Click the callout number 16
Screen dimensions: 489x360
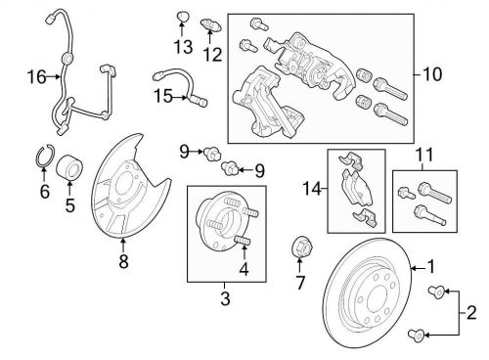pos(36,77)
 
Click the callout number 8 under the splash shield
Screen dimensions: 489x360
pos(123,261)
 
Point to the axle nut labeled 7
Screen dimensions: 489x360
pos(301,247)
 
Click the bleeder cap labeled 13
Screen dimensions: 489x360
pos(183,16)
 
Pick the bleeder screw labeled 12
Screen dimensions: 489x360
pos(210,25)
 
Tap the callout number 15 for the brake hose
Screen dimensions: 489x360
pos(163,96)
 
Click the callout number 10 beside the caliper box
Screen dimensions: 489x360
pos(432,74)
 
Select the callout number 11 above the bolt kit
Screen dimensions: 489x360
pos(424,155)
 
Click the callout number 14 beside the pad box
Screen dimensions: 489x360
pos(312,189)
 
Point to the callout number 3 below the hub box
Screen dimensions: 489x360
pos(225,298)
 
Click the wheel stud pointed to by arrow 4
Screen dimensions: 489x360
pos(244,243)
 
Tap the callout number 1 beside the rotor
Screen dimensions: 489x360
pos(431,266)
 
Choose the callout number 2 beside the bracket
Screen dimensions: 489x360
pos(471,313)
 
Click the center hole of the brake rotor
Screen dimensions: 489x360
pos(377,300)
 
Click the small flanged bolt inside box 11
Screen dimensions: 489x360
pos(406,192)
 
